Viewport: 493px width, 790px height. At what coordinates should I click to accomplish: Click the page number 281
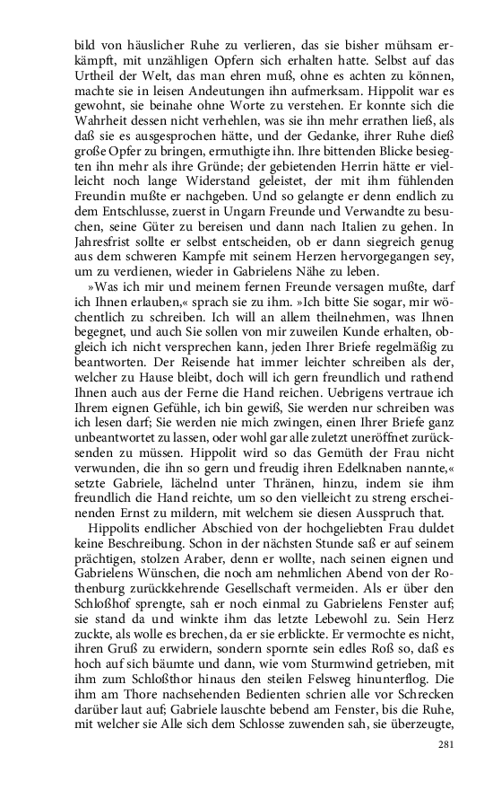click(447, 744)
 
